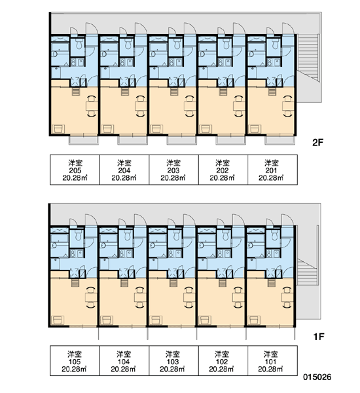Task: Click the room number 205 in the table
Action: point(75,170)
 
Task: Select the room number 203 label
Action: point(173,170)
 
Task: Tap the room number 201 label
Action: point(271,170)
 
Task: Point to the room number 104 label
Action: point(124,362)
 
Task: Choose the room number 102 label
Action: point(222,362)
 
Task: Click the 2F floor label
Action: point(318,143)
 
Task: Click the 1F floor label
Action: point(319,337)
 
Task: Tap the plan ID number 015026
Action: point(317,377)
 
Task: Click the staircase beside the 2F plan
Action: point(308,58)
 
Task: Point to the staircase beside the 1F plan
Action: point(307,272)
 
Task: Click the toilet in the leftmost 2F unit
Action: point(79,44)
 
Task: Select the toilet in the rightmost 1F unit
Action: point(275,235)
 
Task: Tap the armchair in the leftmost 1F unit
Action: point(58,320)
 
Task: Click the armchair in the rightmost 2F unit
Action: point(255,129)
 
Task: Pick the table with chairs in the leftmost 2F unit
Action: point(92,106)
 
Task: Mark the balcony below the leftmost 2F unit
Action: point(84,140)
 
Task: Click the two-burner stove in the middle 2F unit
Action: point(172,62)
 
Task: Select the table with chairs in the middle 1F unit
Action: point(189,297)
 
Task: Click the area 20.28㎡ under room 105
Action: point(74,369)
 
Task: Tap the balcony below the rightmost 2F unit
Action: point(280,140)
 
